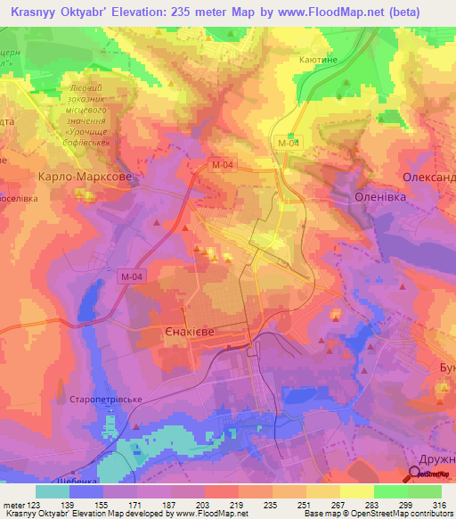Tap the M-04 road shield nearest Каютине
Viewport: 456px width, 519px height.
click(x=287, y=143)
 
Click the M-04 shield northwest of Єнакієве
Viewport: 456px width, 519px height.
click(x=131, y=277)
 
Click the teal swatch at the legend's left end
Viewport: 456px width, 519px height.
click(x=53, y=491)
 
